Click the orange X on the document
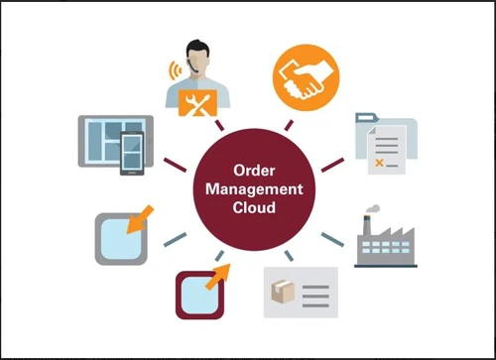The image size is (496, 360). tap(380, 156)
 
